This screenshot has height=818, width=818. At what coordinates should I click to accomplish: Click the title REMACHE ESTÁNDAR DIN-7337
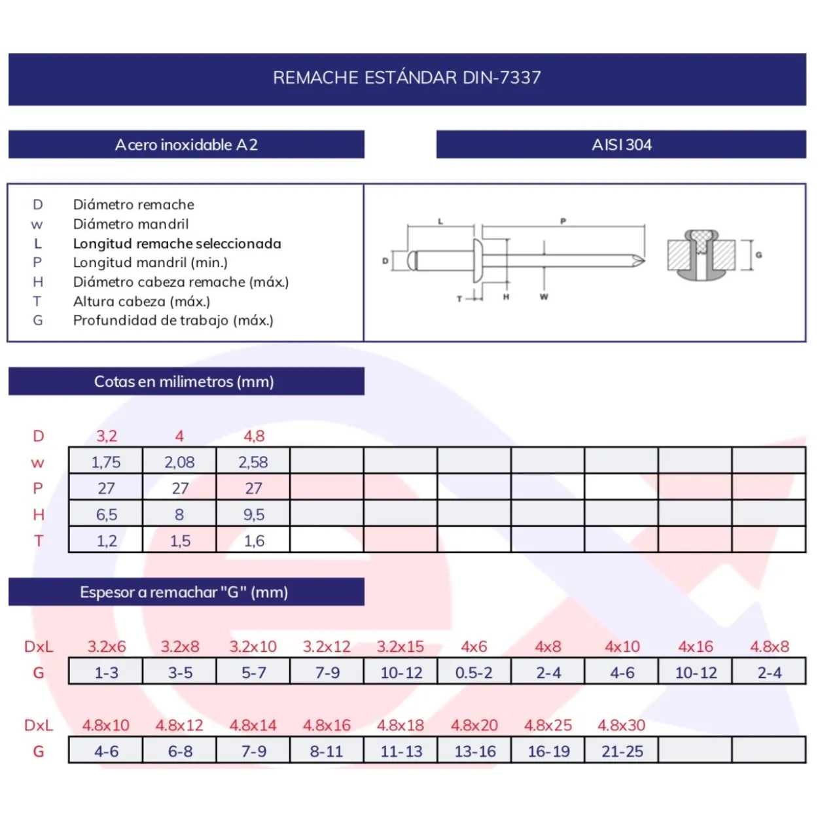407,78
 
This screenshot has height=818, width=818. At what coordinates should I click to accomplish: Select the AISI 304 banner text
622,145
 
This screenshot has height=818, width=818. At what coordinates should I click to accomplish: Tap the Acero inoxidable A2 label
187,145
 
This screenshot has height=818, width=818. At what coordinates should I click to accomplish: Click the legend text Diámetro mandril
131,224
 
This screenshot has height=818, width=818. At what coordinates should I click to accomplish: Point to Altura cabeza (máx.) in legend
142,302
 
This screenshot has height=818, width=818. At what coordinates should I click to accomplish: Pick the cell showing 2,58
253,462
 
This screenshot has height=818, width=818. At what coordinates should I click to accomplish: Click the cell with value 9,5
254,514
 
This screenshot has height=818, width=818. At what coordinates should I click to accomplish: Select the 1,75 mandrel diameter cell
106,462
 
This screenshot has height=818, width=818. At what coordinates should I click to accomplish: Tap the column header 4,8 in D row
254,436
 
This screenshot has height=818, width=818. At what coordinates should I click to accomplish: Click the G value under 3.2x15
401,673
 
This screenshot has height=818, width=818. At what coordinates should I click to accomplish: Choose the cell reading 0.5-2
474,673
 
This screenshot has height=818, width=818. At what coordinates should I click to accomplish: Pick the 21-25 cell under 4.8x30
622,751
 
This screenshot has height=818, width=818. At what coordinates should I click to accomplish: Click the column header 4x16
696,647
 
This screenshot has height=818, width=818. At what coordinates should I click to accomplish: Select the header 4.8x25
548,725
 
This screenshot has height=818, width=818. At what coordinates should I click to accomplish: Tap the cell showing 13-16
475,751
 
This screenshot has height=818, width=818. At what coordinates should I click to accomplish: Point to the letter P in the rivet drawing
563,221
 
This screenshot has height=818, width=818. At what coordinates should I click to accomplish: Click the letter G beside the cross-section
759,255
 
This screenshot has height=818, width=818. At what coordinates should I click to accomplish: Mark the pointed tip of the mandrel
645,260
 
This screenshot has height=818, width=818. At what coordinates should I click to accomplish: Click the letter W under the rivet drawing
544,296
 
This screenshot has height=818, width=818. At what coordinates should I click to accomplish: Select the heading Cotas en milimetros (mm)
184,382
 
